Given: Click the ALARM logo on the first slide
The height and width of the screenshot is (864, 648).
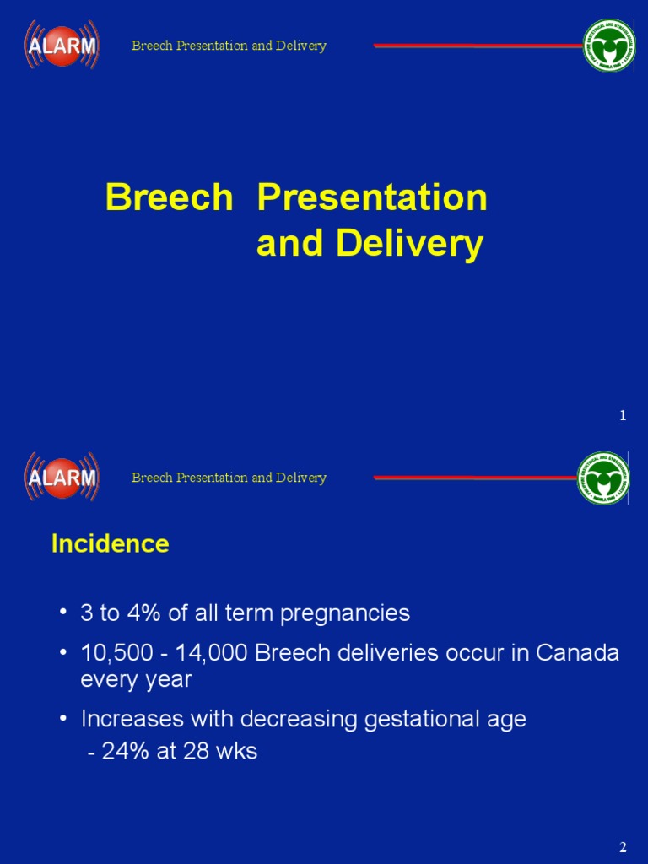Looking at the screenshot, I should click(62, 45).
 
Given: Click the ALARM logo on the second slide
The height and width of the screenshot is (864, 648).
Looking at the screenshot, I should click(62, 477).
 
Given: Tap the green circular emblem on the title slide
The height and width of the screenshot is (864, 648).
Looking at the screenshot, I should click(609, 46).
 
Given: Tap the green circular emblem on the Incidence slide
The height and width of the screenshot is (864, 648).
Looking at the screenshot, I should click(603, 478).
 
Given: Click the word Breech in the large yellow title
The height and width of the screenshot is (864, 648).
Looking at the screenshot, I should click(169, 198).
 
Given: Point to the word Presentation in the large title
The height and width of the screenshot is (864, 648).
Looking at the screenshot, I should click(372, 198).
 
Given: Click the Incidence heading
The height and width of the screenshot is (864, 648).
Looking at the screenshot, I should click(110, 544).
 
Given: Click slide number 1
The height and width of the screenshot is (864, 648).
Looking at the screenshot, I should click(623, 415).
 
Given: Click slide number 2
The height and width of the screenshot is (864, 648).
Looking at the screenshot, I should click(623, 847).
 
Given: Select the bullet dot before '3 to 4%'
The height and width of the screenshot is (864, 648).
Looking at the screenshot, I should click(64, 613).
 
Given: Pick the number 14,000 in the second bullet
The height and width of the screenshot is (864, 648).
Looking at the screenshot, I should click(190, 654).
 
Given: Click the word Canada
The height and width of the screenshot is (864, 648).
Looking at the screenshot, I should click(577, 654).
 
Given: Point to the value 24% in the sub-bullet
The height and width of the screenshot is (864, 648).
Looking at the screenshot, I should click(125, 752).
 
